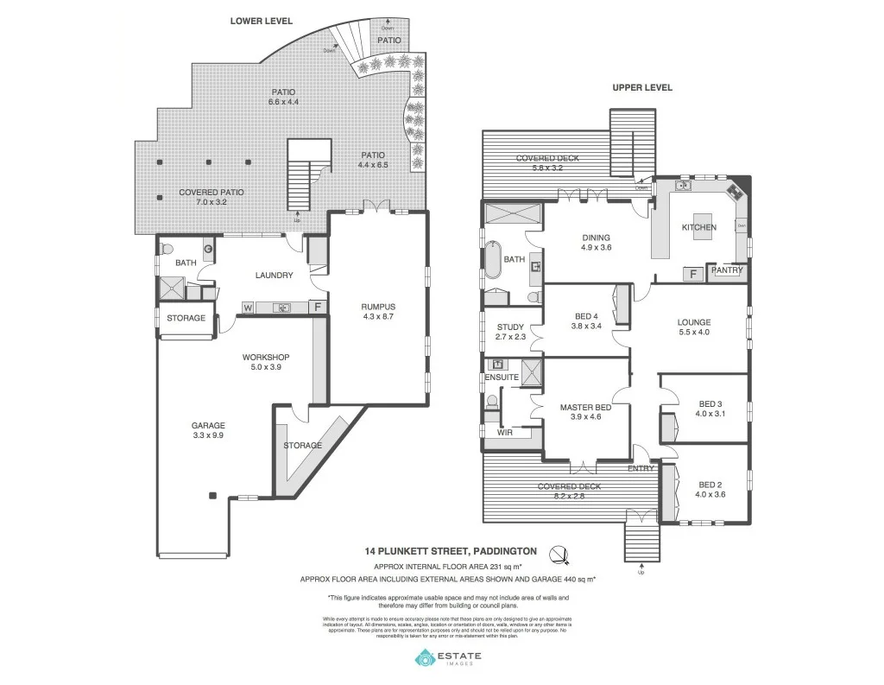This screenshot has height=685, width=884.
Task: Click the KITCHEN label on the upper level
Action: pyautogui.click(x=699, y=227)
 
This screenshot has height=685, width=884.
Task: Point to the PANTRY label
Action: pyautogui.click(x=726, y=270)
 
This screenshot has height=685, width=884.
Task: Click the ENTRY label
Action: pyautogui.click(x=641, y=468)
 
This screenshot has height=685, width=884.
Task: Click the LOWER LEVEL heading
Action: pyautogui.click(x=261, y=20)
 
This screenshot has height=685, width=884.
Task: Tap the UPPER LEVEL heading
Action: pyautogui.click(x=642, y=87)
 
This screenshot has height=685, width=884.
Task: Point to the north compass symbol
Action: pyautogui.click(x=560, y=553)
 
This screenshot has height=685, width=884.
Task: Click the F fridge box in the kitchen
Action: pyautogui.click(x=692, y=274)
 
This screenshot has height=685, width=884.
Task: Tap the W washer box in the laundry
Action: pyautogui.click(x=249, y=307)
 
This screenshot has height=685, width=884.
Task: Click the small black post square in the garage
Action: pyautogui.click(x=212, y=495)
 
